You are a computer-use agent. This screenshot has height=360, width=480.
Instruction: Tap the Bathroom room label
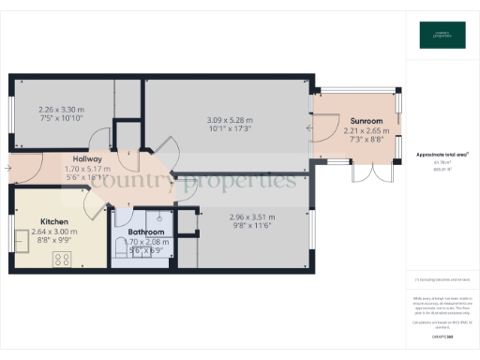pyautogui.click(x=145, y=232)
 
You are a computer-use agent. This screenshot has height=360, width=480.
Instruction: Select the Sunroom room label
pyautogui.click(x=367, y=122)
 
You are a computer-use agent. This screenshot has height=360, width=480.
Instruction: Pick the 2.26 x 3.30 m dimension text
pyautogui.click(x=61, y=109)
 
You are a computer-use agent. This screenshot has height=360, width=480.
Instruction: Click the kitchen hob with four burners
pyautogui.click(x=63, y=259)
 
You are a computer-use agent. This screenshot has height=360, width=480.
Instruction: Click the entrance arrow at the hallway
pyautogui.click(x=7, y=169)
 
